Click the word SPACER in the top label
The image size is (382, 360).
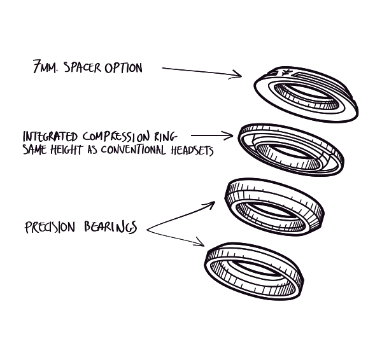(x=82, y=67)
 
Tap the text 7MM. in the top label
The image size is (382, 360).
(x=46, y=66)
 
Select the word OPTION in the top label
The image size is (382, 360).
(x=124, y=68)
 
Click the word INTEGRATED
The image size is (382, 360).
(x=50, y=137)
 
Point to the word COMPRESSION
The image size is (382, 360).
(x=116, y=137)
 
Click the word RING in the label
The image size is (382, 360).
(x=166, y=137)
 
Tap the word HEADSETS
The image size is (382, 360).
(x=192, y=151)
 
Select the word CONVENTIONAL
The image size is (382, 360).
(x=134, y=149)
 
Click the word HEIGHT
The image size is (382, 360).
(x=66, y=149)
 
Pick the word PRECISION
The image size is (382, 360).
(x=50, y=227)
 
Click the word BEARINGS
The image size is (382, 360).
(x=111, y=227)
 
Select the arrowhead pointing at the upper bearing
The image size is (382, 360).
(x=210, y=205)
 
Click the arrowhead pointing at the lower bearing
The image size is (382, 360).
(x=200, y=242)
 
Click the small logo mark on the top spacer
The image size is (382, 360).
(x=286, y=73)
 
